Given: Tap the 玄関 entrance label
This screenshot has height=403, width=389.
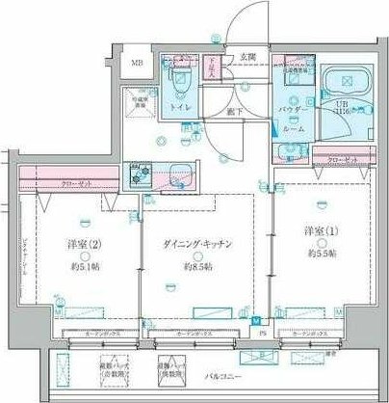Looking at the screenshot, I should [247, 57].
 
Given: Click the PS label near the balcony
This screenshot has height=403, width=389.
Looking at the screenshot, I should [262, 336].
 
